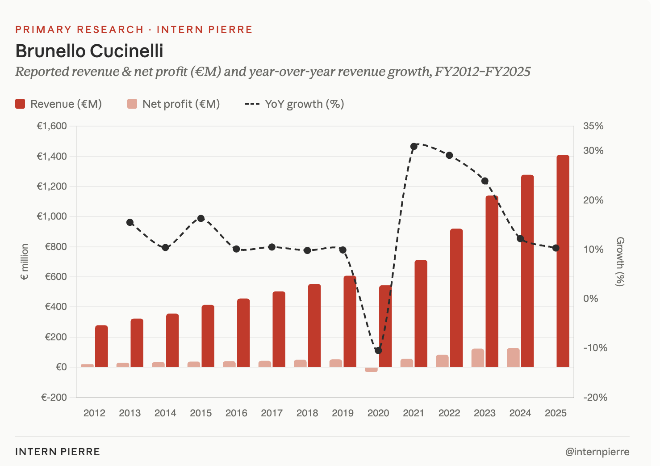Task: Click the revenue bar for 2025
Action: tap(563, 261)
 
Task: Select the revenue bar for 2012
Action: tap(101, 346)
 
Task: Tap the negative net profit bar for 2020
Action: tap(371, 369)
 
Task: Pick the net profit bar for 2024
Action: tap(513, 357)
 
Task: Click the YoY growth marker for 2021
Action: tap(414, 146)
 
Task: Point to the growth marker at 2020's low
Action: tap(378, 351)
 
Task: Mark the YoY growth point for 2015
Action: tap(201, 219)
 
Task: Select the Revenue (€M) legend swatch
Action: tap(20, 104)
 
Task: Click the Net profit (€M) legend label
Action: tap(181, 104)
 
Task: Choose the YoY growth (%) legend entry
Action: tap(295, 104)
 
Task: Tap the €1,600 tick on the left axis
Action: tap(52, 126)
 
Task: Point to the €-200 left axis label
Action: tap(54, 398)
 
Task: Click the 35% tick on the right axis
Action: tap(593, 126)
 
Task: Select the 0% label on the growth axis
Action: tap(591, 299)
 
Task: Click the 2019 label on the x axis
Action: tap(343, 413)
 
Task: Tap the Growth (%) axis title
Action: tap(620, 262)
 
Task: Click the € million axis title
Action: tap(25, 262)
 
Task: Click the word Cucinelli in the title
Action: tap(126, 51)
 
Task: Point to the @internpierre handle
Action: tap(597, 452)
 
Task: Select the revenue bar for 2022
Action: tap(456, 298)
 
